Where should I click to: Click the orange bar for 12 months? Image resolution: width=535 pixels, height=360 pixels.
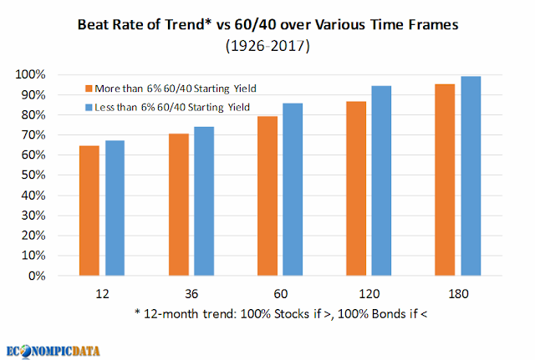pyautogui.click(x=89, y=210)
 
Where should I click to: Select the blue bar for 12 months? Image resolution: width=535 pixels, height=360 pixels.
pyautogui.click(x=115, y=208)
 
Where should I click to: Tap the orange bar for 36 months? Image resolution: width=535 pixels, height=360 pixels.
pyautogui.click(x=179, y=205)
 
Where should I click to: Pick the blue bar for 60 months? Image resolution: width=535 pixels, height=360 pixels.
pyautogui.click(x=293, y=190)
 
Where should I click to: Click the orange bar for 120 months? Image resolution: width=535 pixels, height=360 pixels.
pyautogui.click(x=356, y=189)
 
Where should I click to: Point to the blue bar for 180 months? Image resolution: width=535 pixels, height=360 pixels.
pyautogui.click(x=471, y=176)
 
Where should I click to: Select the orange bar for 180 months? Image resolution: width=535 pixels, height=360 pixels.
pyautogui.click(x=445, y=180)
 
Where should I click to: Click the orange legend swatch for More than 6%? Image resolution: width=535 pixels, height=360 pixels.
pyautogui.click(x=89, y=89)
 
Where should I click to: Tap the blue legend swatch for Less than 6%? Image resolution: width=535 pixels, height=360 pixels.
pyautogui.click(x=89, y=108)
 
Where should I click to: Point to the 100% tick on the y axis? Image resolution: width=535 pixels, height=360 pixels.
pyautogui.click(x=30, y=74)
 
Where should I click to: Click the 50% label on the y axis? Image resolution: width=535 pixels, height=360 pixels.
pyautogui.click(x=33, y=175)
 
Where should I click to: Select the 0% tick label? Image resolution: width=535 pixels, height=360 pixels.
pyautogui.click(x=37, y=276)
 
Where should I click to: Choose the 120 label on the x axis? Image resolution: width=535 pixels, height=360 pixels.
pyautogui.click(x=369, y=293)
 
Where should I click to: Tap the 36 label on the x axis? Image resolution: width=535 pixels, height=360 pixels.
pyautogui.click(x=191, y=293)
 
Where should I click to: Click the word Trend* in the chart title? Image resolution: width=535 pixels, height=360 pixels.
pyautogui.click(x=188, y=24)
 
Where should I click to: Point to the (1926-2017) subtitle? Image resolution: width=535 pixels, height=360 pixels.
pyautogui.click(x=267, y=46)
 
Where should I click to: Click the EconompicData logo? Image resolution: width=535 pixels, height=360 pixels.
pyautogui.click(x=53, y=352)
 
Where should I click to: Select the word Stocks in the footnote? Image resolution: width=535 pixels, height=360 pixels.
pyautogui.click(x=292, y=313)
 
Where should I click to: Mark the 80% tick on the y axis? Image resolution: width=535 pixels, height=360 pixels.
pyautogui.click(x=33, y=114)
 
